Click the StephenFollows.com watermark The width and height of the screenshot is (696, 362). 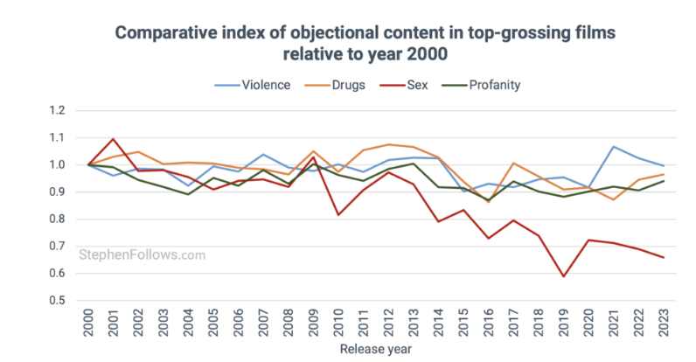[x=143, y=255]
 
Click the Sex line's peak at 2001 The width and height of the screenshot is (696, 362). [x=113, y=139]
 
